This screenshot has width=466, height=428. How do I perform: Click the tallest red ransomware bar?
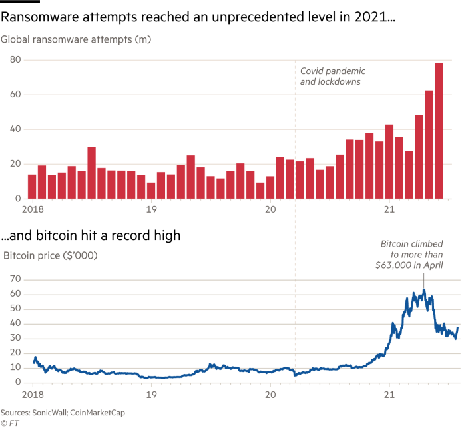click(439, 130)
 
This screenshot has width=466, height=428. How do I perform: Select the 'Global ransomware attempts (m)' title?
click(77, 41)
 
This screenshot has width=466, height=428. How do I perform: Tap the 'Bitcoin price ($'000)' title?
click(51, 255)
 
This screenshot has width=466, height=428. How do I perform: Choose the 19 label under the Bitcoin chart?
click(152, 393)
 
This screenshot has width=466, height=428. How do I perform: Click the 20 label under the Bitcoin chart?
click(270, 393)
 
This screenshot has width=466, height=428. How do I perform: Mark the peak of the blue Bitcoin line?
click(424, 289)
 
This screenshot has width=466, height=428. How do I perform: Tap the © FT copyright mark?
click(9, 423)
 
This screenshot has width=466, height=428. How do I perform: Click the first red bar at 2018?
click(32, 186)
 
